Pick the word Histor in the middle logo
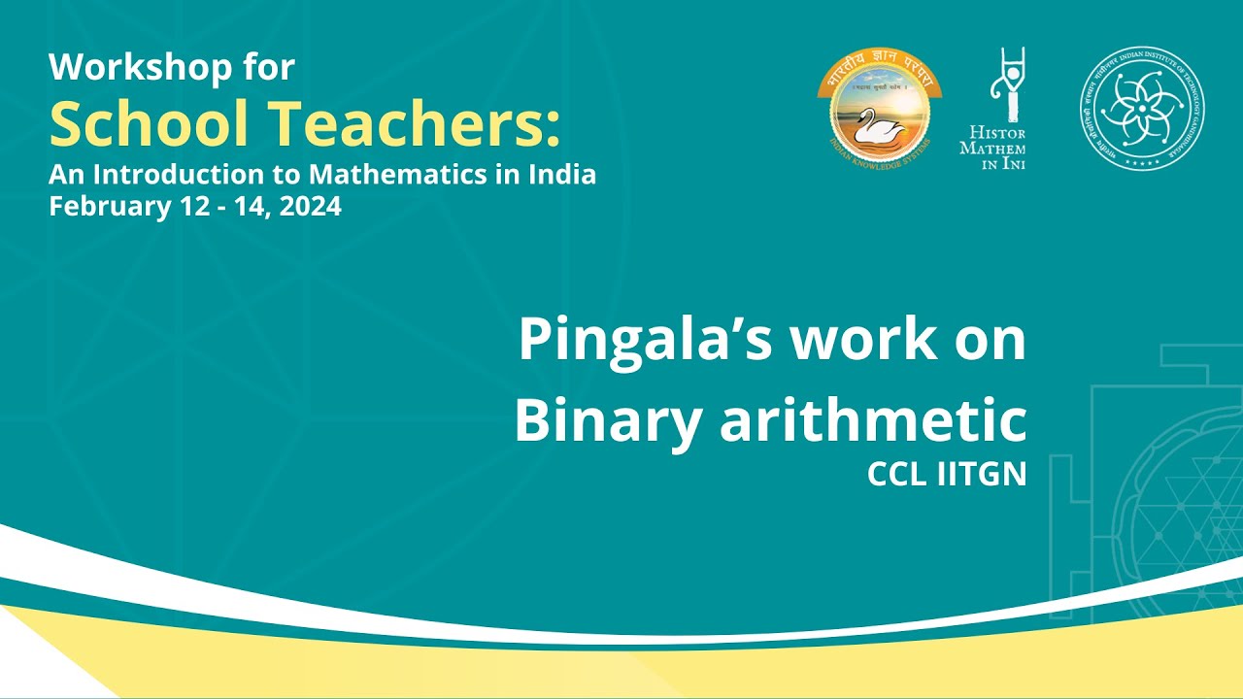[x=992, y=133]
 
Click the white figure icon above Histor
[x=1005, y=84]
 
